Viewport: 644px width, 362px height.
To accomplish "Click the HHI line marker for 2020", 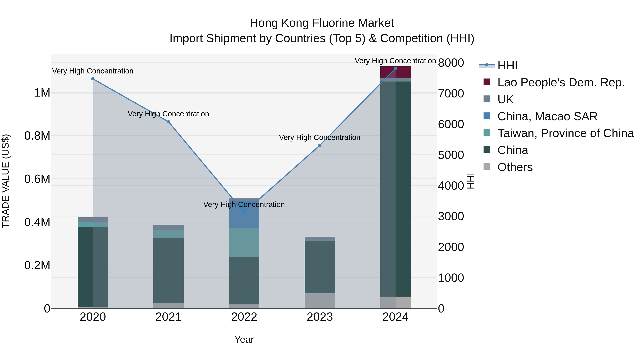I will point(93,79).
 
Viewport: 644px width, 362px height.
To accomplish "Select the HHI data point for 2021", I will point(169,122).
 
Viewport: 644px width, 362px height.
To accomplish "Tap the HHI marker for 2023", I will point(320,145).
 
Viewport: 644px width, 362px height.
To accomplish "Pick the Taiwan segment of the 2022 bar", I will point(244,242).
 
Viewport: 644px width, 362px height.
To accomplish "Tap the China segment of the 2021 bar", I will point(169,270).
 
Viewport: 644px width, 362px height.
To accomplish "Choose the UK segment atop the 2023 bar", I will point(320,239).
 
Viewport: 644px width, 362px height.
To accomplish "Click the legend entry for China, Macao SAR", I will point(547,116).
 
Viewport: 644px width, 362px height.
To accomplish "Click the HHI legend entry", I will point(507,65).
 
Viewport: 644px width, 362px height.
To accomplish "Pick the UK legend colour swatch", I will point(487,99).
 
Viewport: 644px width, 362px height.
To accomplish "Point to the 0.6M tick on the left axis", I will point(37,179).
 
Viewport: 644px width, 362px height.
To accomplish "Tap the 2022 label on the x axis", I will point(244,317).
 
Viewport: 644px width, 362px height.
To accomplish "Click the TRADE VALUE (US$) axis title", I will point(6,181).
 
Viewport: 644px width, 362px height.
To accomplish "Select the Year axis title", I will point(244,339).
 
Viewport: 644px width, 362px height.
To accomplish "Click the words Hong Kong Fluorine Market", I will point(322,23).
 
